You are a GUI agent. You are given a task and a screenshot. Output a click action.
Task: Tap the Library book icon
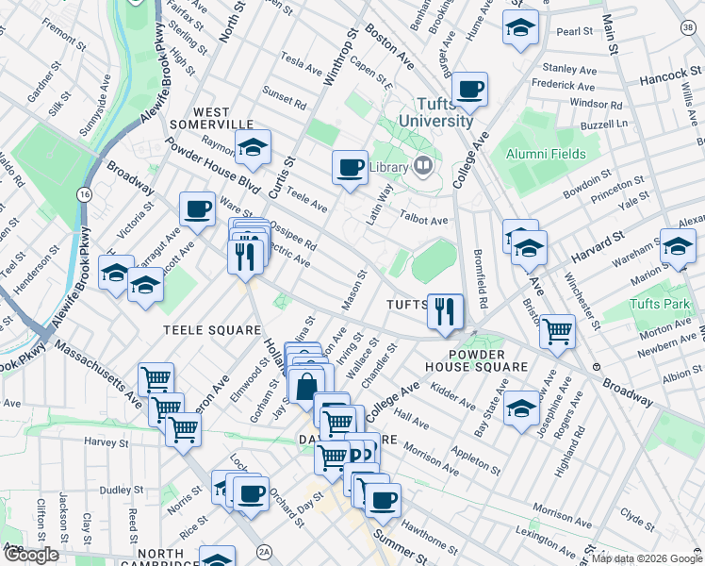(423, 168)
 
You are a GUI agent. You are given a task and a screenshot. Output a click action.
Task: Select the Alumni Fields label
(546, 154)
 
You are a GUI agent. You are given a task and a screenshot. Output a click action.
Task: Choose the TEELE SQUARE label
(212, 330)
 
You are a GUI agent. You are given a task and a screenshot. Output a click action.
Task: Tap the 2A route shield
(265, 551)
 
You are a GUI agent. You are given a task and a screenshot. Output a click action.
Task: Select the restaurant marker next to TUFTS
(443, 309)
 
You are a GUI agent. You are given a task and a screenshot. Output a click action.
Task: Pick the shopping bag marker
(307, 386)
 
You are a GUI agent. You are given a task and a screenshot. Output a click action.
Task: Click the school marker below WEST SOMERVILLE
(253, 146)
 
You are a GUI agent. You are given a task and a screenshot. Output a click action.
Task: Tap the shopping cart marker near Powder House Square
(557, 330)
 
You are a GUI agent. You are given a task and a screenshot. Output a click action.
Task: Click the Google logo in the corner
(31, 555)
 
